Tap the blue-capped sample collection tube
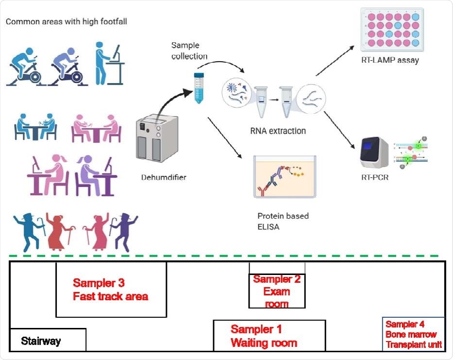click(x=198, y=87)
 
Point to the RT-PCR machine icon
click(x=375, y=155)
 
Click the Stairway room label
click(x=41, y=341)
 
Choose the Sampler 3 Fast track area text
click(x=110, y=289)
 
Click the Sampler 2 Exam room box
click(x=277, y=291)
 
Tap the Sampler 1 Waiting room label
click(x=264, y=336)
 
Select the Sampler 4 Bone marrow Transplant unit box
click(x=413, y=334)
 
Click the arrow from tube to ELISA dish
click(x=225, y=138)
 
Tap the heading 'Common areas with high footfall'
click(x=67, y=21)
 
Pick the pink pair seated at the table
click(x=96, y=128)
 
